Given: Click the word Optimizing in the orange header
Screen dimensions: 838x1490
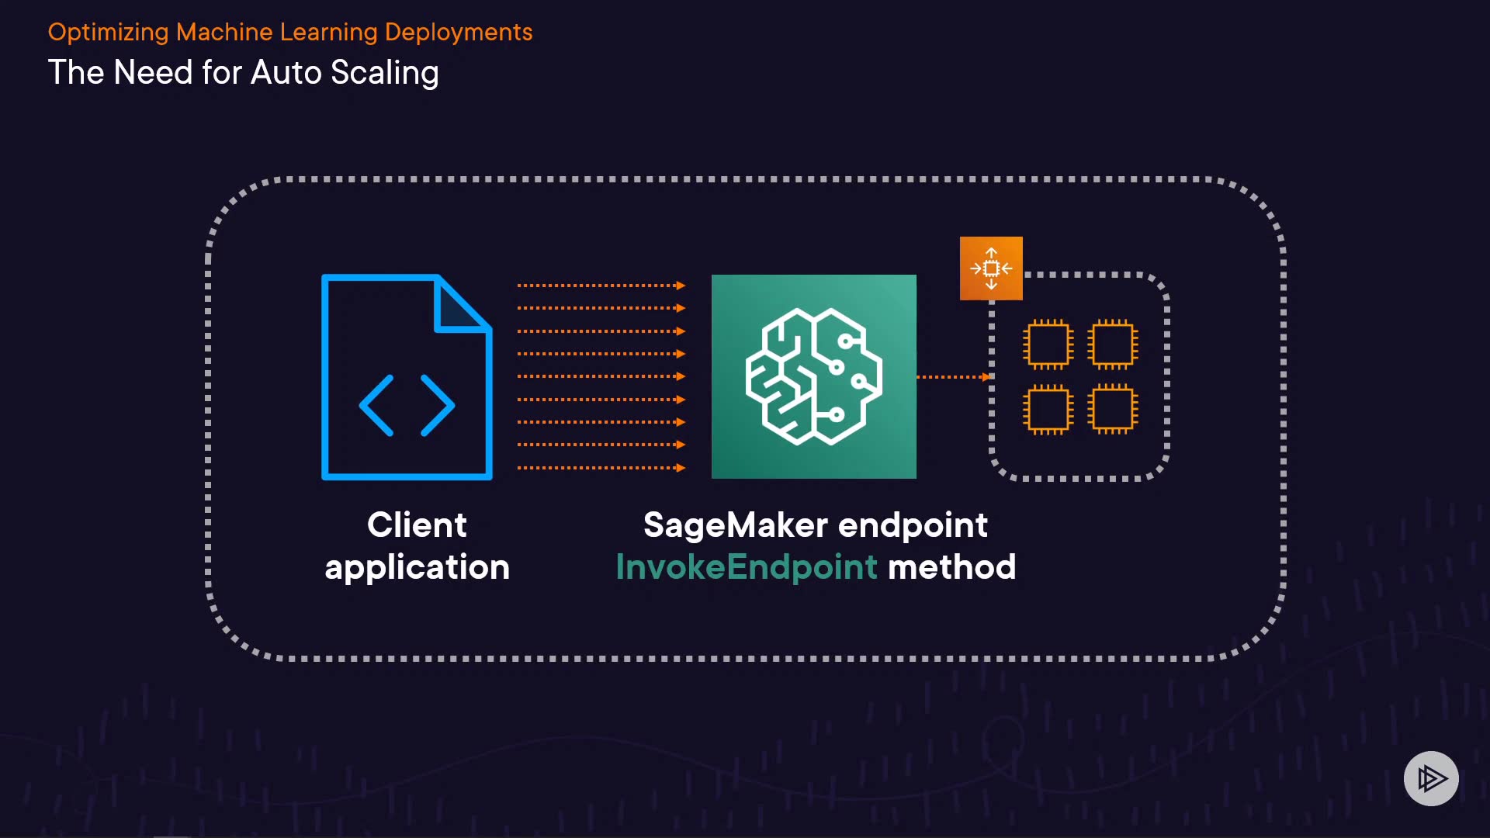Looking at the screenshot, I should point(108,33).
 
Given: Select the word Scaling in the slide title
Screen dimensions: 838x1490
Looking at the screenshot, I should point(384,73).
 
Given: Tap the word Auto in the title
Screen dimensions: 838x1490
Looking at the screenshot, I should point(286,73).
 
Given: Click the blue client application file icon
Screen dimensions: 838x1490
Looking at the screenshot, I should point(406,377).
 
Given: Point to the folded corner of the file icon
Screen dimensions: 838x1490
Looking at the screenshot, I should point(461,307).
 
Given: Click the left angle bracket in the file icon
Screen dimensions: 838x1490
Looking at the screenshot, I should point(377,405).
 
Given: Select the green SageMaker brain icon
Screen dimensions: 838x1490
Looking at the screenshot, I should point(813,376).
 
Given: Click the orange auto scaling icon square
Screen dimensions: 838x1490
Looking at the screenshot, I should point(991,268).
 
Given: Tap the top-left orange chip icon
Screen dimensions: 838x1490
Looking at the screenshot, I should point(1048,344).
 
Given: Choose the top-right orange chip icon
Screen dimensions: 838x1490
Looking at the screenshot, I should point(1112,344).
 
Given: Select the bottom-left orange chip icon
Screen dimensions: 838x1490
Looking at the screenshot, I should point(1048,409).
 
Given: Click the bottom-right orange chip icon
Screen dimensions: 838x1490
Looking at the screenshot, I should point(1112,409).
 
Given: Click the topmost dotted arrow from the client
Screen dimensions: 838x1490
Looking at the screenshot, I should point(601,286).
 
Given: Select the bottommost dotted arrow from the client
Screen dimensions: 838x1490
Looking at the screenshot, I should point(601,468).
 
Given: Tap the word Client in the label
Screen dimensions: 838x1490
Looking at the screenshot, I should point(417,525).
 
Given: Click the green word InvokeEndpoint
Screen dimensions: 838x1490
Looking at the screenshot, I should point(746,567).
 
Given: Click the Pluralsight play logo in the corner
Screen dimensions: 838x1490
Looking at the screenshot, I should point(1431,778).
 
